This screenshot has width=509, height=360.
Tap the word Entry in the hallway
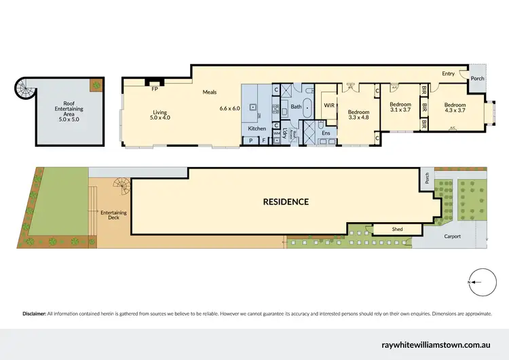449,73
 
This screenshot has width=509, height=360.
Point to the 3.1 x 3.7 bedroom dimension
400,109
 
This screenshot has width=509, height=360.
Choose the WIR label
328,106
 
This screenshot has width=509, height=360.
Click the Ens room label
325,133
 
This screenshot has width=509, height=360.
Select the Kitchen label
257,128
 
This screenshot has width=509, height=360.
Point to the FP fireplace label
155,88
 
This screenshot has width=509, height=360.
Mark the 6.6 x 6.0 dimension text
230,108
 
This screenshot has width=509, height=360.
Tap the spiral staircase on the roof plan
25,88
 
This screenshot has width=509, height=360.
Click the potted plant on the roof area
96,86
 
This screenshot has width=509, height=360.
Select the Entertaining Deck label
112,216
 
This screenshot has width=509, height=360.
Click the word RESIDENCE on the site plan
286,202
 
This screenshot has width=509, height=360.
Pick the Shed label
397,230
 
